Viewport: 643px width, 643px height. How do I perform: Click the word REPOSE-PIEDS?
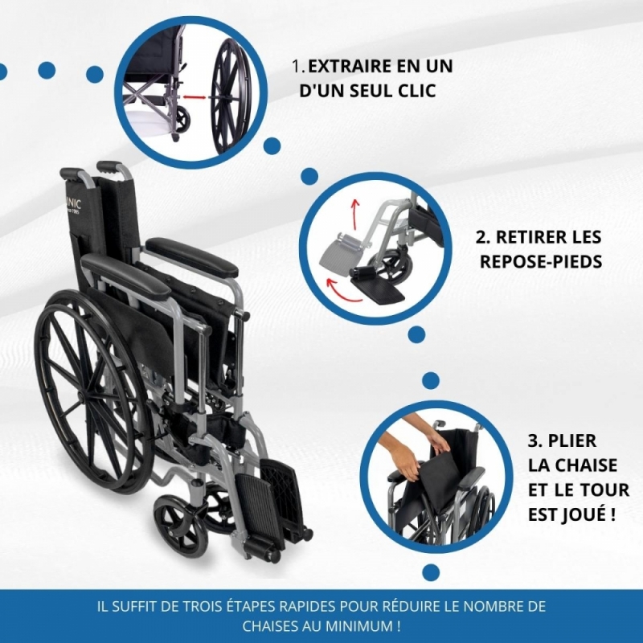click(541, 262)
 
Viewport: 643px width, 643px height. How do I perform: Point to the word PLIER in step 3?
click(571, 441)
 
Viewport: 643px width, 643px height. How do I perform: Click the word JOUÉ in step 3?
click(581, 514)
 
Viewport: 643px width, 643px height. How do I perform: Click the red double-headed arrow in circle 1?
click(195, 97)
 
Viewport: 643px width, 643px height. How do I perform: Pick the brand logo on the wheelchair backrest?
click(73, 205)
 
